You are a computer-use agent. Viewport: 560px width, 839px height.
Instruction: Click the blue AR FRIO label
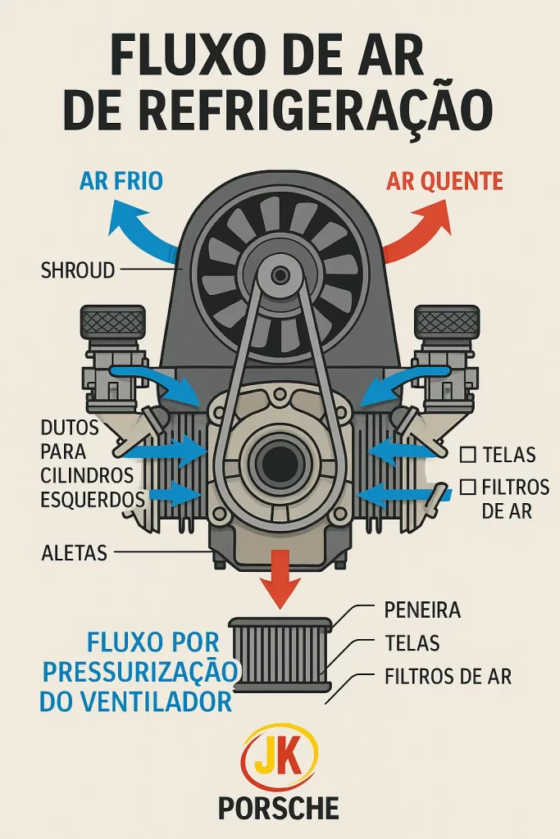tap(121, 180)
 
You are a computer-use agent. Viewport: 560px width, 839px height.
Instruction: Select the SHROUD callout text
tap(78, 270)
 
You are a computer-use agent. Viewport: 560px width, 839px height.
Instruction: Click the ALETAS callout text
tap(74, 553)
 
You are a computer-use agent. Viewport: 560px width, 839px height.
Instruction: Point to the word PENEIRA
tap(422, 610)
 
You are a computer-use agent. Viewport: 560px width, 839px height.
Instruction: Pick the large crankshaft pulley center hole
tap(280, 464)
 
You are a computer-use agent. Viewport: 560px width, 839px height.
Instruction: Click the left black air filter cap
tap(112, 322)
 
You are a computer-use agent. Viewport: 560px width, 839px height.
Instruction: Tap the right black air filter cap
tap(447, 322)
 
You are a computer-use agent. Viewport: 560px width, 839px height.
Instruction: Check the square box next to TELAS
tap(468, 455)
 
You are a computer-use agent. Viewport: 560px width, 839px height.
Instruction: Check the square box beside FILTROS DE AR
tap(468, 488)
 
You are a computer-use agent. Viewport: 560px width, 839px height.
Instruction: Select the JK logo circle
tap(280, 758)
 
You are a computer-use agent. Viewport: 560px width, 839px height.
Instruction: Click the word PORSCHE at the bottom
tap(279, 809)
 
